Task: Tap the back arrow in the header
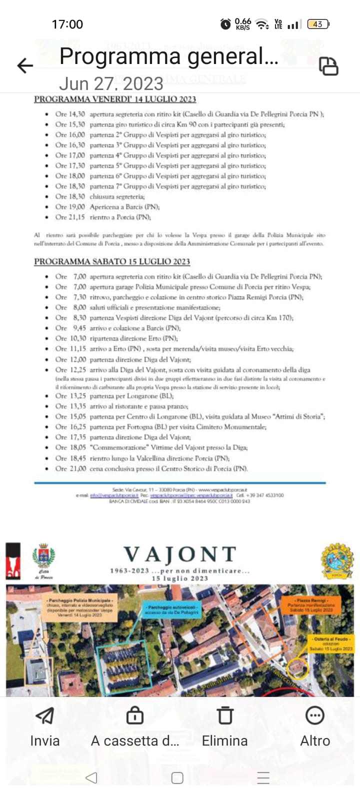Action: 25,65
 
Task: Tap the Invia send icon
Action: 45,715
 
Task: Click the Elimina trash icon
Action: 225,715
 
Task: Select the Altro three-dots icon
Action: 315,715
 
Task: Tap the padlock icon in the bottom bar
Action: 135,715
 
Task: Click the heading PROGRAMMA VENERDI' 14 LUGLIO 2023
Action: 115,99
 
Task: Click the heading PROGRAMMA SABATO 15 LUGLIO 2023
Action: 112,261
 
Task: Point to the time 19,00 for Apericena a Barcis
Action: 77,207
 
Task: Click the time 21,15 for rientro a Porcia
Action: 77,217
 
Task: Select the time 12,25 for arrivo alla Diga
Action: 77,370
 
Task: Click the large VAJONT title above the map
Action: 180,554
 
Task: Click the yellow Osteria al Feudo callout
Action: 331,643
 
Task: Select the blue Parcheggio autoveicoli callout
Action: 171,609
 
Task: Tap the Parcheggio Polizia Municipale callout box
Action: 79,607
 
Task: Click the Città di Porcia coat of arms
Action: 43,556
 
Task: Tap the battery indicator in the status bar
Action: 318,24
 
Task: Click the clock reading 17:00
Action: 67,24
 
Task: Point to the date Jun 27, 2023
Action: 111,83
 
